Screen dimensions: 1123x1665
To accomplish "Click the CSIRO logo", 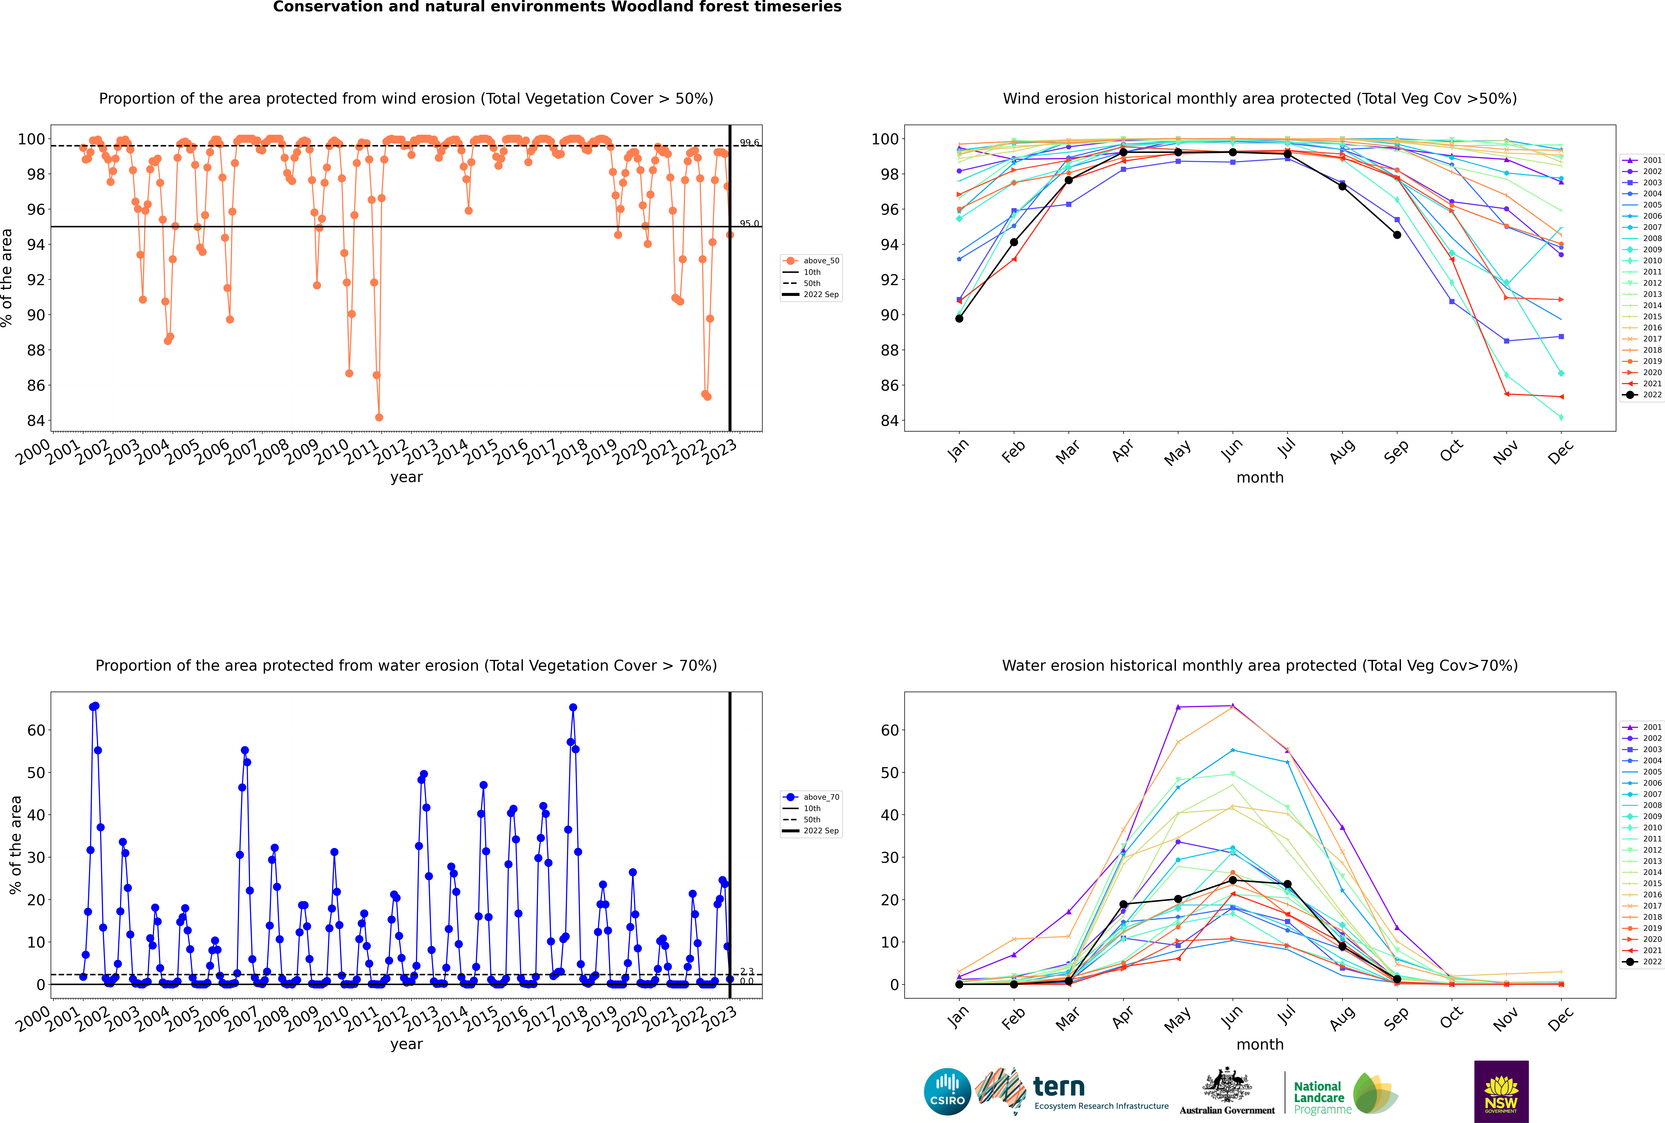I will coord(947,1092).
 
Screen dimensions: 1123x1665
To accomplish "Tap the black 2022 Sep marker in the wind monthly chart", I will coord(1397,235).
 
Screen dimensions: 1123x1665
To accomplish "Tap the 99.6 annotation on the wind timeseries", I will coord(749,143).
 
